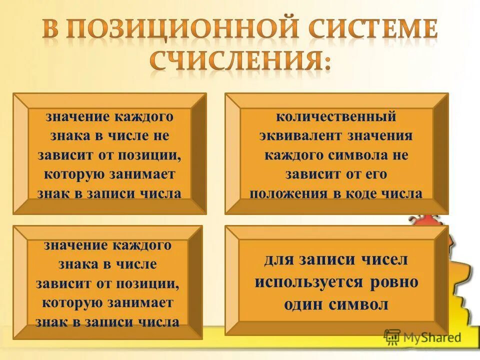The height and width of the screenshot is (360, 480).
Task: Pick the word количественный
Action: [x=336, y=117]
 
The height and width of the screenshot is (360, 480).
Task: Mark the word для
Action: [x=278, y=260]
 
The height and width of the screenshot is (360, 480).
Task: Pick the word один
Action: [x=302, y=304]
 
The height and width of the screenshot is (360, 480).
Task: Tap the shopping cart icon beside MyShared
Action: [x=392, y=337]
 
